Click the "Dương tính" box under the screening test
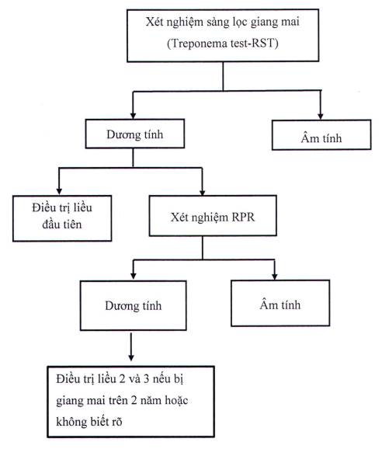[x=135, y=134]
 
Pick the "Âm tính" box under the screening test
[x=321, y=135]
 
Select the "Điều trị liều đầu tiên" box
[x=62, y=218]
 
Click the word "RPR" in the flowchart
[x=243, y=217]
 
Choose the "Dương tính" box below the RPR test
[x=134, y=305]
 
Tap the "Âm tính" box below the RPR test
[x=280, y=303]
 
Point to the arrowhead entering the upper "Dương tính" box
[x=133, y=116]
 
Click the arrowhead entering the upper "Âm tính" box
[x=321, y=116]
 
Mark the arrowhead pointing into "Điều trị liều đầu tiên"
[x=59, y=191]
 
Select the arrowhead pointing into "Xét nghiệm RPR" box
[x=203, y=192]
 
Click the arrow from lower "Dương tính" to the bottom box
[x=131, y=346]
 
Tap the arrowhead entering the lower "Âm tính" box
[x=274, y=277]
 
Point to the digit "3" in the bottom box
[x=146, y=379]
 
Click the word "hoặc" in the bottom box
[x=176, y=400]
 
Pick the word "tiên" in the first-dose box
[x=72, y=224]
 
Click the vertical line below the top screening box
[x=223, y=76]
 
